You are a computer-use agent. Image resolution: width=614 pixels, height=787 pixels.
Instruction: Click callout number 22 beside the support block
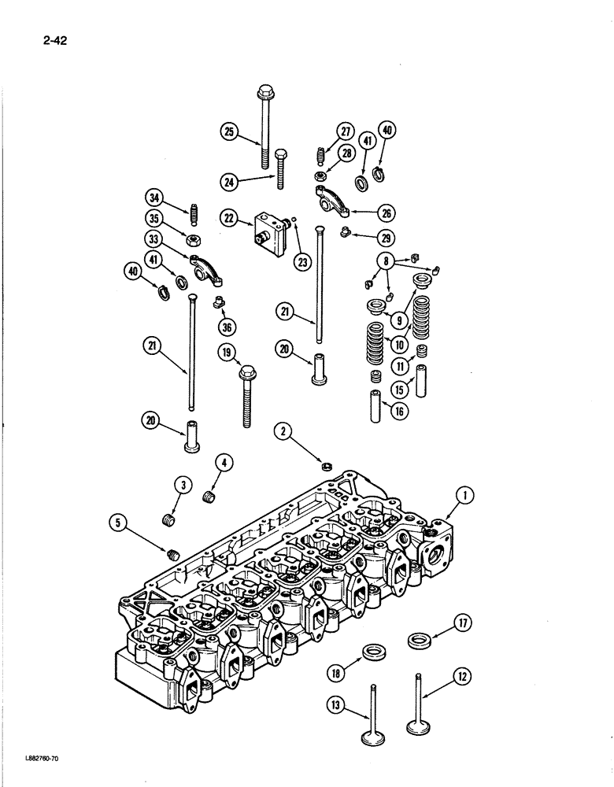tap(229, 218)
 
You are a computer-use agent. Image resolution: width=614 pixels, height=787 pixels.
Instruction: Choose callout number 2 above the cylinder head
tap(283, 430)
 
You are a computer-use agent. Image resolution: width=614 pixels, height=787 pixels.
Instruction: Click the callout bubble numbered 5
tap(120, 520)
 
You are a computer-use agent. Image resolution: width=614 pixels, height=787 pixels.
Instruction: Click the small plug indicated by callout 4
tap(209, 498)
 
